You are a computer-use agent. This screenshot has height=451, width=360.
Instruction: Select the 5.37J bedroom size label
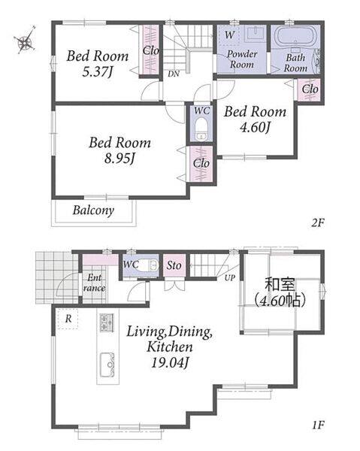click(97, 72)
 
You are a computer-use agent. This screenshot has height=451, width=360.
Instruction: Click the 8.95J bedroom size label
click(119, 159)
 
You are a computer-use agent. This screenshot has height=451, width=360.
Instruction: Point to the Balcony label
click(93, 210)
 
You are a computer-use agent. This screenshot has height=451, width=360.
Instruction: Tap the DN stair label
click(174, 74)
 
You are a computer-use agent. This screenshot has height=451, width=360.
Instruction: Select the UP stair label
click(230, 278)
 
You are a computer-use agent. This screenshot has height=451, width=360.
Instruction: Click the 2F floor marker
click(318, 223)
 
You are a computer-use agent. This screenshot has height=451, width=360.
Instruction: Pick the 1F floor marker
click(319, 425)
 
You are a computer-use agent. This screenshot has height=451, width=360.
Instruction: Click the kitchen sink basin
click(107, 365)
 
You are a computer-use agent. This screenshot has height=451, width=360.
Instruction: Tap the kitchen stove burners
click(107, 322)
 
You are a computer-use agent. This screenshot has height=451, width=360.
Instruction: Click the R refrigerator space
click(68, 319)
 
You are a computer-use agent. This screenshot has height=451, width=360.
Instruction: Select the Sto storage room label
click(174, 265)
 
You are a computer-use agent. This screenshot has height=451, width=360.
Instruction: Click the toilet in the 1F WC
click(150, 265)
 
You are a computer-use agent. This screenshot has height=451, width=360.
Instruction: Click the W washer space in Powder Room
click(229, 35)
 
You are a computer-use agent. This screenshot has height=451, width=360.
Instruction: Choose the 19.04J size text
click(170, 363)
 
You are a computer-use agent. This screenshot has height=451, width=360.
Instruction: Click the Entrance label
click(94, 283)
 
